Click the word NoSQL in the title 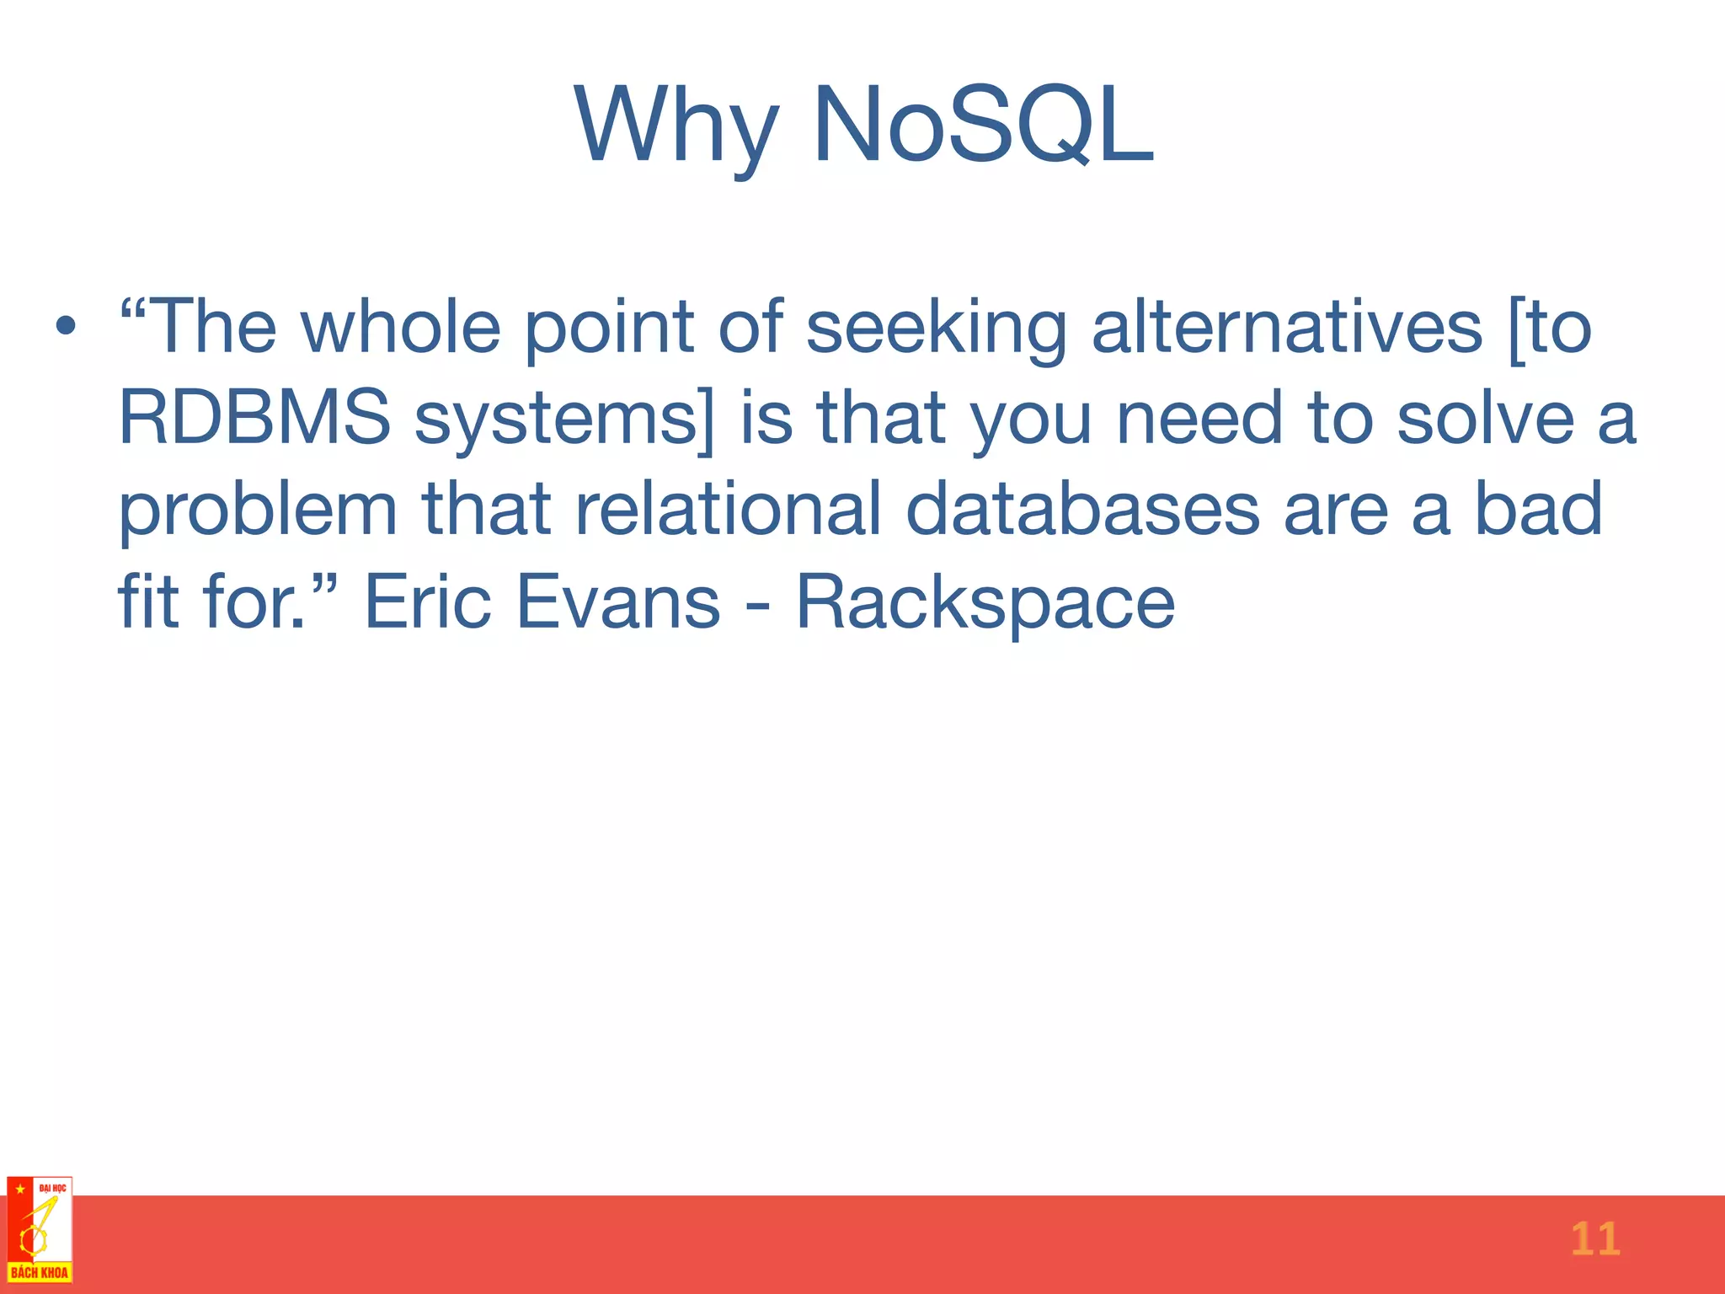click(982, 126)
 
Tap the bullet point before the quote click(67, 326)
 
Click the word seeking click(936, 329)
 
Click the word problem click(257, 511)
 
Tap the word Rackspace click(985, 603)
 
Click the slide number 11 click(1594, 1239)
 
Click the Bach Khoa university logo click(40, 1230)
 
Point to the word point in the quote click(609, 329)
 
